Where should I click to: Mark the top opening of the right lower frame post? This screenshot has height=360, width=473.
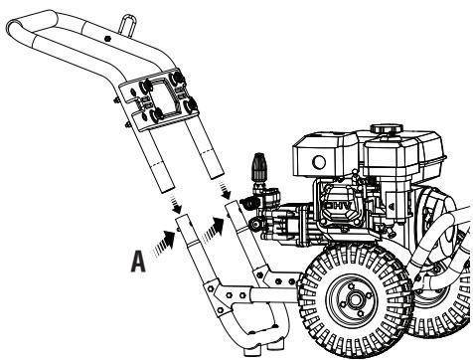coord(233,205)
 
